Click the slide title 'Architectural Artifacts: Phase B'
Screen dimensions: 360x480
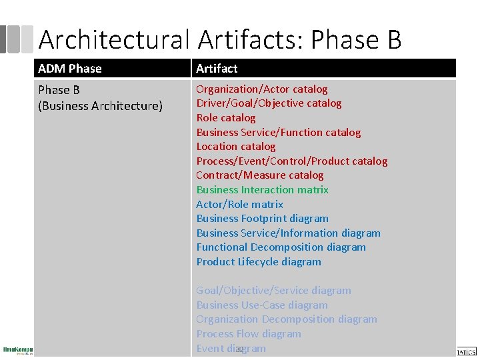pyautogui.click(x=220, y=39)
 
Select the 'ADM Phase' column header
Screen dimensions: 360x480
pyautogui.click(x=70, y=69)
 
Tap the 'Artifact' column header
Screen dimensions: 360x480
pyautogui.click(x=217, y=69)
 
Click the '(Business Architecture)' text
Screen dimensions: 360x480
pyautogui.click(x=100, y=105)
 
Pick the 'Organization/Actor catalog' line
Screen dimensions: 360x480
pyautogui.click(x=261, y=89)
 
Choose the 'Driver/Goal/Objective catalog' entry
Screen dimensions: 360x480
pyautogui.click(x=269, y=103)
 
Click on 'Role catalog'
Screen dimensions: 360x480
pyautogui.click(x=225, y=118)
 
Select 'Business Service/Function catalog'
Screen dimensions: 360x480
pyautogui.click(x=278, y=132)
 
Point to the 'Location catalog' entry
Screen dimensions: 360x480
pyautogui.click(x=235, y=147)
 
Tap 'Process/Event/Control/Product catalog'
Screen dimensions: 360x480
pyautogui.click(x=291, y=161)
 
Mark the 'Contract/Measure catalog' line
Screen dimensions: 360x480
pyautogui.click(x=259, y=175)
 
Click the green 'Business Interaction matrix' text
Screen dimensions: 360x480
pyautogui.click(x=262, y=190)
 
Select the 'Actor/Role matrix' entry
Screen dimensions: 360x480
pyautogui.click(x=239, y=205)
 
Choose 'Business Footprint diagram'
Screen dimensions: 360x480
pyautogui.click(x=262, y=219)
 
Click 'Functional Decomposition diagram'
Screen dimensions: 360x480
pyautogui.click(x=281, y=247)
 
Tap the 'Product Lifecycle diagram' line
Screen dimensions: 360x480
pyautogui.click(x=259, y=262)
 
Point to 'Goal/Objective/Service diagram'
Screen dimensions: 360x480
pyautogui.click(x=273, y=291)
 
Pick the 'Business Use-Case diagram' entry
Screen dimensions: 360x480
pyautogui.click(x=261, y=305)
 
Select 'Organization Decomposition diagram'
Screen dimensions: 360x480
pyautogui.click(x=286, y=319)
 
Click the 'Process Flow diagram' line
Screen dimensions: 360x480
pyautogui.click(x=248, y=334)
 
